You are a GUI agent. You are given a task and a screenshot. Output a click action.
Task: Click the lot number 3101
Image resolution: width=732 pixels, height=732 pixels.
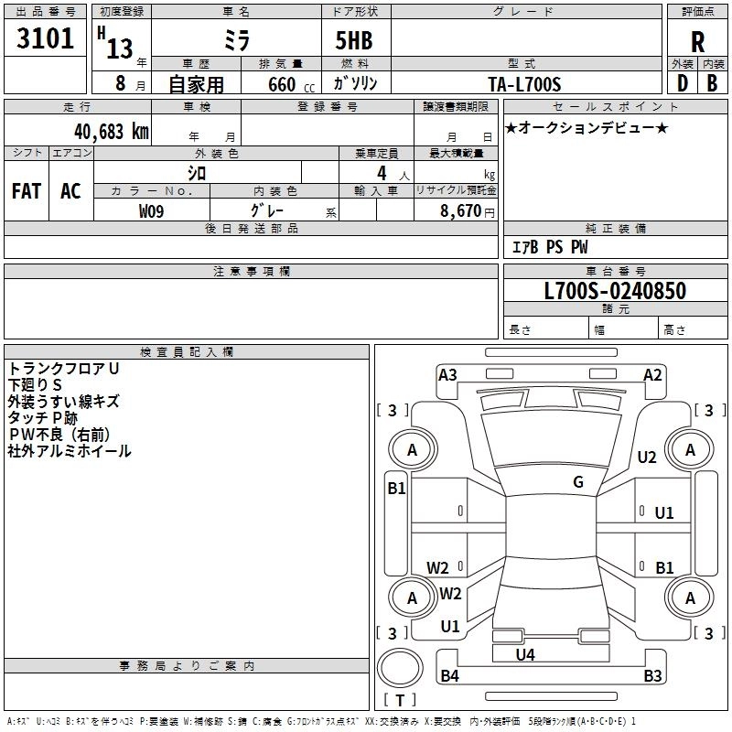(x=45, y=38)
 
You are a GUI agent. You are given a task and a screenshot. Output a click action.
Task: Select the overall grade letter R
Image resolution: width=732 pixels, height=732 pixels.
(x=697, y=42)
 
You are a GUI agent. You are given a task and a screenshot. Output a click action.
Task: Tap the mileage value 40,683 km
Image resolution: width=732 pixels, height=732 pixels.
(x=112, y=132)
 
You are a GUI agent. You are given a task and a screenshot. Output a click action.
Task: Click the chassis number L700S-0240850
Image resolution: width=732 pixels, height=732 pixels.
(x=615, y=290)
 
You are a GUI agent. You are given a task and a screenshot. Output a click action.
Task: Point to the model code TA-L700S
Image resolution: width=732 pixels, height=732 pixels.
(x=524, y=84)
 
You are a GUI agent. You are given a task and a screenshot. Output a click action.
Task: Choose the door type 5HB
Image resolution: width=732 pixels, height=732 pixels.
(x=354, y=40)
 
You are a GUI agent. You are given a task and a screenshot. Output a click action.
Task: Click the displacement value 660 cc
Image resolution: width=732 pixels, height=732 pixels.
(x=291, y=84)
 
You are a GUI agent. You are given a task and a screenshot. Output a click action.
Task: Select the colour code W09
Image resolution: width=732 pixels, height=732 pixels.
(x=151, y=211)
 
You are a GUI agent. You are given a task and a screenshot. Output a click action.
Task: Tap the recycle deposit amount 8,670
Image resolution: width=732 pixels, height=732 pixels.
(x=460, y=211)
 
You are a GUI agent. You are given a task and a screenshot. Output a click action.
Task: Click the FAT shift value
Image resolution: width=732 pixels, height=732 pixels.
(x=27, y=191)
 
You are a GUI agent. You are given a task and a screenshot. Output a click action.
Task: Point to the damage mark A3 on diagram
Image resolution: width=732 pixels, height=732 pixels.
(x=447, y=375)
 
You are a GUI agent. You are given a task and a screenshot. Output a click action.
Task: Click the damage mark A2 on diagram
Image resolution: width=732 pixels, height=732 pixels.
(x=652, y=375)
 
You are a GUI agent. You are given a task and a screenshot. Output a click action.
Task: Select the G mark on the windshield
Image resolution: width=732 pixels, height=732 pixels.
(x=578, y=482)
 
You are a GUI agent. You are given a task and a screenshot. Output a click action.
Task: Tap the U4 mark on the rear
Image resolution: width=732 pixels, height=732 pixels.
(x=525, y=655)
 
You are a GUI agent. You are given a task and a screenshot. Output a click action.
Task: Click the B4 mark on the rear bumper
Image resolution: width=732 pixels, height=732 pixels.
(x=449, y=675)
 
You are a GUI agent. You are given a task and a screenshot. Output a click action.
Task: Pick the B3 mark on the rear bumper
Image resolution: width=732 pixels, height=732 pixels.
(x=652, y=675)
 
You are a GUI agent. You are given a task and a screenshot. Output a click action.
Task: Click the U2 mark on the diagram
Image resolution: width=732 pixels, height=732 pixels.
(x=647, y=457)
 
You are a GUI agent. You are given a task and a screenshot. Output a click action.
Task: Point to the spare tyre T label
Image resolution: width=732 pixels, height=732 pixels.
(x=400, y=700)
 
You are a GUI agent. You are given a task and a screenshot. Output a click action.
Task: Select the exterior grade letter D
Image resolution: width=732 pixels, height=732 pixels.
(x=682, y=83)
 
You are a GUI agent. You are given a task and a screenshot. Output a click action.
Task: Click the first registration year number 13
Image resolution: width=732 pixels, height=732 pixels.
(x=120, y=49)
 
